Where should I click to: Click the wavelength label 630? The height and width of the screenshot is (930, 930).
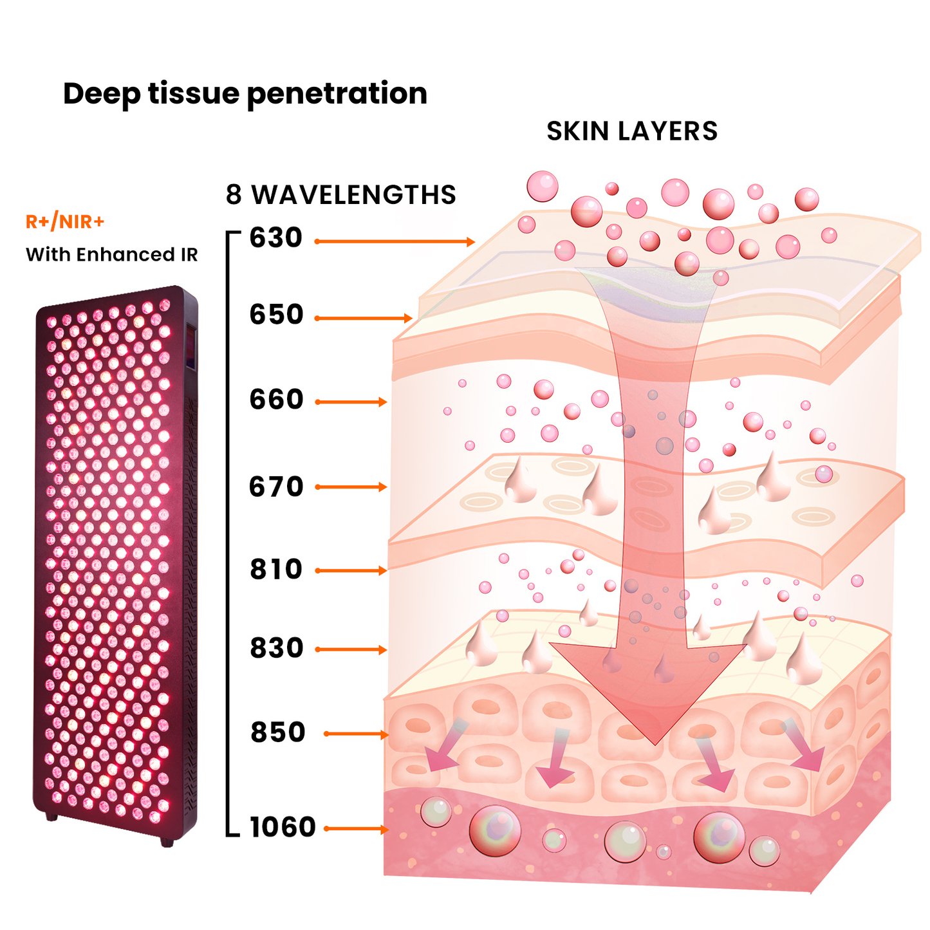point(275,238)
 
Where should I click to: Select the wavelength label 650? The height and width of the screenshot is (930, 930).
point(276,315)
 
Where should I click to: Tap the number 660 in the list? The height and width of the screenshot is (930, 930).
point(276,400)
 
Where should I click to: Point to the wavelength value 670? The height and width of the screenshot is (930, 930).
point(275,487)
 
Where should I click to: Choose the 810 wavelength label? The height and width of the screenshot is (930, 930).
point(275,570)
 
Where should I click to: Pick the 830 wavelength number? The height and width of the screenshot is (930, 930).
point(276,648)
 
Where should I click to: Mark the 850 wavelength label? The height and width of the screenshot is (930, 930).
point(277,732)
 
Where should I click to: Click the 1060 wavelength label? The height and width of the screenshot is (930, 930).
point(283,828)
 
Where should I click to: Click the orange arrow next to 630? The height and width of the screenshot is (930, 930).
point(395,242)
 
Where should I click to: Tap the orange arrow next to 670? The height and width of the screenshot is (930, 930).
point(351,487)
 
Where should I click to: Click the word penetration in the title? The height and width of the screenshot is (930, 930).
point(337,94)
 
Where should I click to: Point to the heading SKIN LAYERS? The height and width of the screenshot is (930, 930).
point(631,131)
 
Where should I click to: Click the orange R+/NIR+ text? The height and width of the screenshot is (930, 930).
point(64,222)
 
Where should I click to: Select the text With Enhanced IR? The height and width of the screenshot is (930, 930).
point(111,255)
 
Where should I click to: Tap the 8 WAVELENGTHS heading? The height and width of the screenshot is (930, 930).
point(340,195)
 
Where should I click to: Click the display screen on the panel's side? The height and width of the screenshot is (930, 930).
point(191,347)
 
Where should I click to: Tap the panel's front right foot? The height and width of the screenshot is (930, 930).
point(167,842)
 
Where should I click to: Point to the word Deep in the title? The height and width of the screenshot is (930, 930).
point(101,94)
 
